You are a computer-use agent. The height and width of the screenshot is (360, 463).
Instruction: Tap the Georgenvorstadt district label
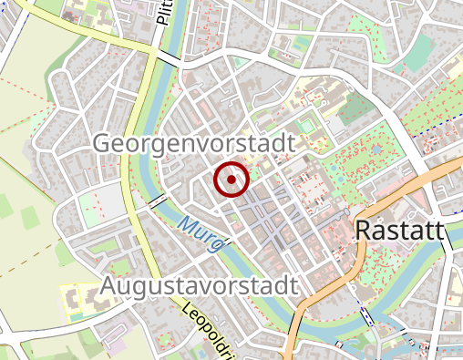(x=195, y=145)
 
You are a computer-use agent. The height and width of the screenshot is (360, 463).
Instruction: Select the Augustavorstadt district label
(x=199, y=285)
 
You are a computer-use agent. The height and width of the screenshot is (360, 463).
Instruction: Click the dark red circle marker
(x=231, y=180)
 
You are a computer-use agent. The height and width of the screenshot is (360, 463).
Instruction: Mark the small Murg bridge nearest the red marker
(x=157, y=200)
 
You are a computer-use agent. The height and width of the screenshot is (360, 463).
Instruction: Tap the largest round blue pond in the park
(x=376, y=147)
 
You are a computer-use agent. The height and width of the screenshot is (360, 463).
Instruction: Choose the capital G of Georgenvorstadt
(x=104, y=145)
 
